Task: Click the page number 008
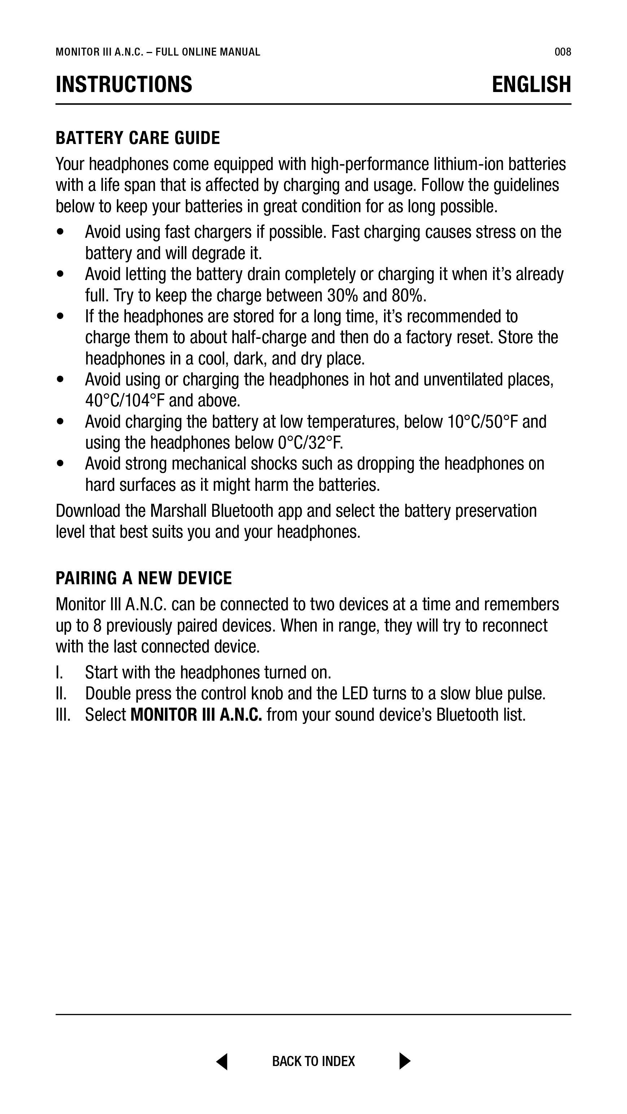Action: point(562,52)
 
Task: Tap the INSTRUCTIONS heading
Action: point(124,84)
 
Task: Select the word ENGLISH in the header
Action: point(531,84)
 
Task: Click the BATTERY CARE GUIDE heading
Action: point(138,138)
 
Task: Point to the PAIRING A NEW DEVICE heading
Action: point(144,578)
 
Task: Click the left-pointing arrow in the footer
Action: point(222,1061)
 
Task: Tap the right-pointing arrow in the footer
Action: point(404,1061)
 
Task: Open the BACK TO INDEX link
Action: point(313,1061)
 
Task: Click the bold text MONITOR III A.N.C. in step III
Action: point(196,715)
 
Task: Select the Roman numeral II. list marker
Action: point(61,694)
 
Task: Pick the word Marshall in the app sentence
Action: point(178,511)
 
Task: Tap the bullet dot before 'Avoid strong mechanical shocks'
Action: point(60,464)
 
